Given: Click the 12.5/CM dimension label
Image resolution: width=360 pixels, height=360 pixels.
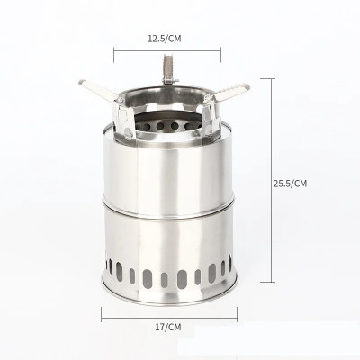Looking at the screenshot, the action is point(165,39).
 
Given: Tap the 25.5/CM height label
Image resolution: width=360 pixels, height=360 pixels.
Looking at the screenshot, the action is point(290,184).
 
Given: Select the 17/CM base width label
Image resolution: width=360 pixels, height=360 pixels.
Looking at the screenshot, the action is point(168,327).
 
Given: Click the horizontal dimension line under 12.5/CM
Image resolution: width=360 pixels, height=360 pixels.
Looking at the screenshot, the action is point(167,51).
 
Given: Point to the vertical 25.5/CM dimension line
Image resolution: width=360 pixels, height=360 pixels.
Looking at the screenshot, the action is point(272,180).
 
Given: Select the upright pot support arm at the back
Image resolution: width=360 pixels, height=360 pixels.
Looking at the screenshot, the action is point(167,68).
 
